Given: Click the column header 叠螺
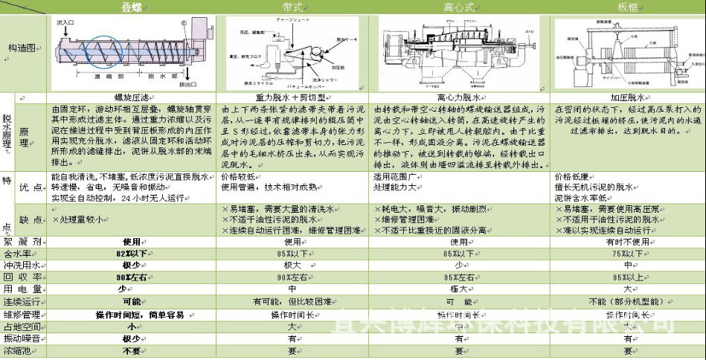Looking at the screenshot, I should [132, 7].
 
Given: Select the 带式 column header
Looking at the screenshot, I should [292, 7].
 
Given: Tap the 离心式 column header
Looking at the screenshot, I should [460, 7].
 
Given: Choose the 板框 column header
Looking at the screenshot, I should [627, 7].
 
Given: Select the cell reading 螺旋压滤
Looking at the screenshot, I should [132, 97].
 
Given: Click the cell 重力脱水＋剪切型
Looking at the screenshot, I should [292, 97].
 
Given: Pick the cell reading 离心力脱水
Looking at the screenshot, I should [460, 97].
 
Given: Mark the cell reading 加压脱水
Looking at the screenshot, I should [627, 97].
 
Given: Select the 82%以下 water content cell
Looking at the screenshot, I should [132, 253].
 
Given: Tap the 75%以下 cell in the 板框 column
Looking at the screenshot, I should [627, 253].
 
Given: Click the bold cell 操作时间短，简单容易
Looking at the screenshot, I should [132, 313].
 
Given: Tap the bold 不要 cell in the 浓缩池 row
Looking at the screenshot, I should [132, 350].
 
